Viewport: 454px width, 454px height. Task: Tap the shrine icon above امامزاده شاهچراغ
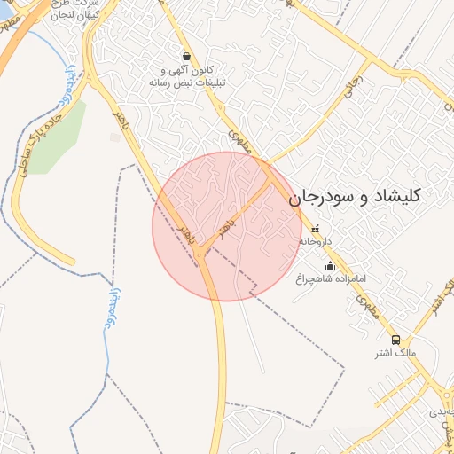coord(331,265)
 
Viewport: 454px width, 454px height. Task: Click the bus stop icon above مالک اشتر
coord(395,339)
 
